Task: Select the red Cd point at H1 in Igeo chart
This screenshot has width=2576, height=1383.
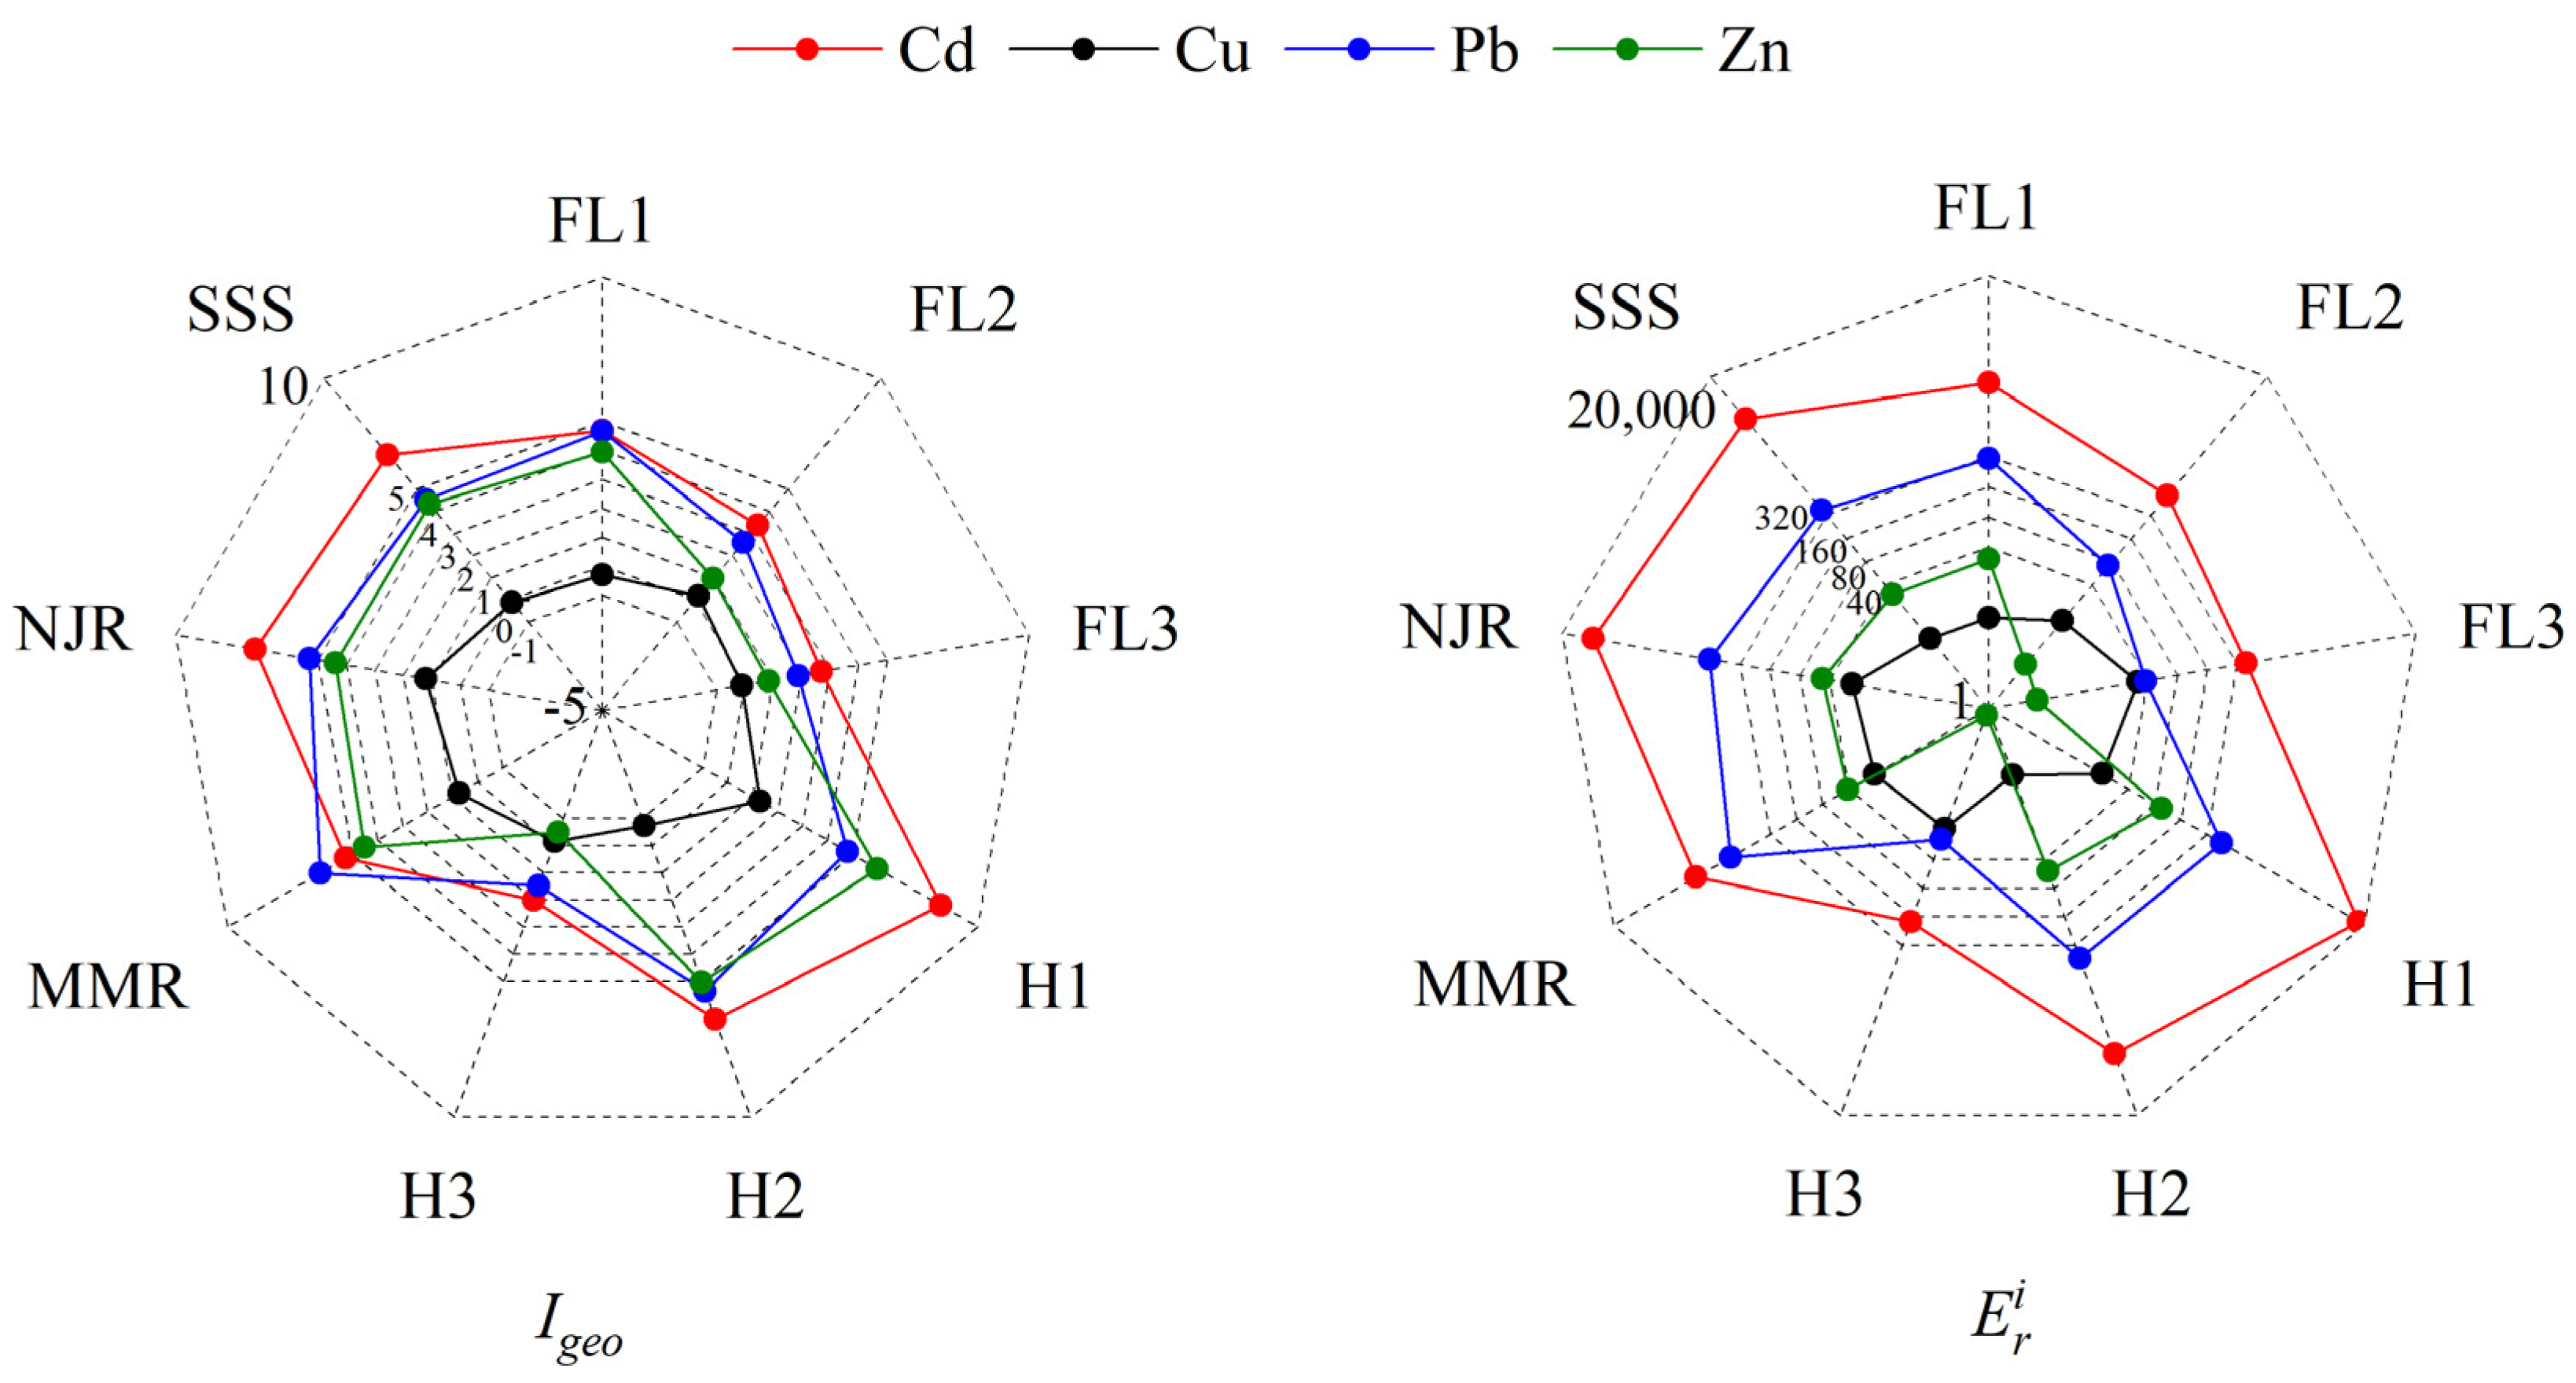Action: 940,906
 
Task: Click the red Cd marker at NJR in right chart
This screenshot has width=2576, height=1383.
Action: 1593,638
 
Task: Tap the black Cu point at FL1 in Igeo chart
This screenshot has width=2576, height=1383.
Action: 602,574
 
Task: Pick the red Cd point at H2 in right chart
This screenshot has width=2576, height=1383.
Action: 2114,1053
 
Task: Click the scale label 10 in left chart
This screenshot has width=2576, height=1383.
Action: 283,386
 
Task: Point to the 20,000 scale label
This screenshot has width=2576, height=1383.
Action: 1640,410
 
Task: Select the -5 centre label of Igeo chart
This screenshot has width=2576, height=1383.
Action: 565,708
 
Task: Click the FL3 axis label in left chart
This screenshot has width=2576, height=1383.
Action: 1125,628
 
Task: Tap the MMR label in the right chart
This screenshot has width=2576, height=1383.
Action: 1493,985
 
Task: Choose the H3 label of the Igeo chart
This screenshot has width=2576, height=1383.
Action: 438,1195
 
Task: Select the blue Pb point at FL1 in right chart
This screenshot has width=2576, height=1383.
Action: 1988,458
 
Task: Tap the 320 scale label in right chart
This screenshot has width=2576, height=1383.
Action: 1780,518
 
